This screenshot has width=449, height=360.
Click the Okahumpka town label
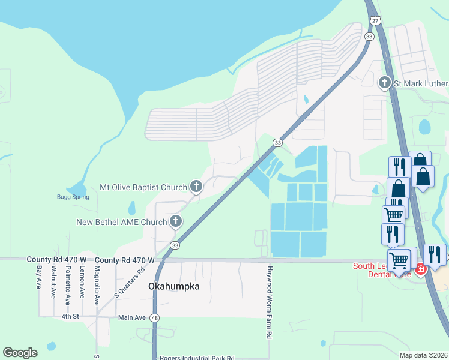(173, 287)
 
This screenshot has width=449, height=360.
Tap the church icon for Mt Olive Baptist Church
(196, 187)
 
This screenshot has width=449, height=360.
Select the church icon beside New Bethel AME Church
(176, 222)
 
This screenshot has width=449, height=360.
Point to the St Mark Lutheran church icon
(385, 83)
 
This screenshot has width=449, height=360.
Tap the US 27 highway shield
(375, 21)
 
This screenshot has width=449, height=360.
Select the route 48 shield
(155, 317)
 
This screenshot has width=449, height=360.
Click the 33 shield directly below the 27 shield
(369, 37)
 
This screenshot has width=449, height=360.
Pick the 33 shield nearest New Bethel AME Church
(175, 245)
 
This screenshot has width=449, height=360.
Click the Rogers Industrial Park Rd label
(197, 358)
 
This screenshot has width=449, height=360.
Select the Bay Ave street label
(39, 277)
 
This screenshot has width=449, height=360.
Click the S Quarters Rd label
(130, 283)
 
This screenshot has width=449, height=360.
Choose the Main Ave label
(132, 317)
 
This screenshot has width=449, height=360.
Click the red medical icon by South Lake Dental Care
(421, 269)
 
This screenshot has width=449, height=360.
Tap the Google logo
(20, 353)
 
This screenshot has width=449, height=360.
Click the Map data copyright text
(423, 355)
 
